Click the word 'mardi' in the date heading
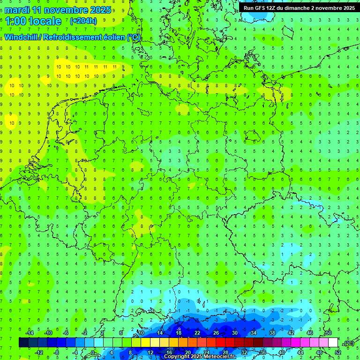(16, 10)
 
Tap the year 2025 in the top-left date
(100, 10)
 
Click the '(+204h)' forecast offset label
(83, 21)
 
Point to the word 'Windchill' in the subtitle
(21, 37)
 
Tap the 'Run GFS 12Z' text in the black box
(259, 8)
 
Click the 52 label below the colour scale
(338, 352)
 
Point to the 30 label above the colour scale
(234, 332)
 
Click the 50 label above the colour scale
(328, 332)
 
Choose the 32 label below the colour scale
(244, 352)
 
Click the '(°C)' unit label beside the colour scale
(348, 343)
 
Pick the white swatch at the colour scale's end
(333, 342)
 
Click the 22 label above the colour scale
(197, 332)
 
